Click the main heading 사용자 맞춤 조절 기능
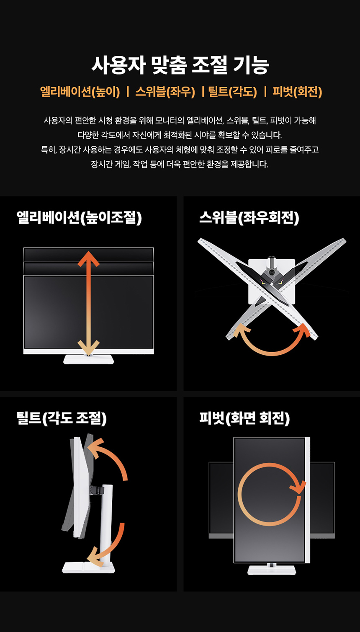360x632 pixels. [x=180, y=65]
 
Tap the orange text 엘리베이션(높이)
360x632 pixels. [x=80, y=92]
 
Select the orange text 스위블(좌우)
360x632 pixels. [x=165, y=92]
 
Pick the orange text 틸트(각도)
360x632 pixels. [x=233, y=92]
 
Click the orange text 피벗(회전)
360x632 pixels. [x=297, y=92]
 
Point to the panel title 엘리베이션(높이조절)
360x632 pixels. [x=79, y=218]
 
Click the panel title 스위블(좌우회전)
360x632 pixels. [x=249, y=218]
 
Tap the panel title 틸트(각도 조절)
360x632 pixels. [x=62, y=418]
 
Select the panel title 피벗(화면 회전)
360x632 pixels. [x=244, y=418]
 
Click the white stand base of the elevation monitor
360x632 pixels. [x=88, y=359]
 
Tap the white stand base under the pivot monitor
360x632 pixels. [x=272, y=570]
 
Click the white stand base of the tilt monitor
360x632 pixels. [x=88, y=568]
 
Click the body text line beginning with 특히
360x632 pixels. [x=180, y=149]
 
